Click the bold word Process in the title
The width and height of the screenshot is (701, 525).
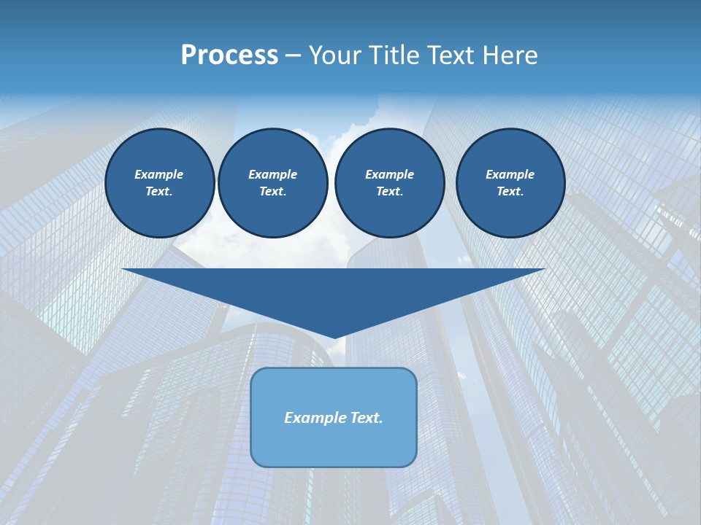click(x=229, y=55)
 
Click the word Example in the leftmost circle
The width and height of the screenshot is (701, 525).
click(x=159, y=174)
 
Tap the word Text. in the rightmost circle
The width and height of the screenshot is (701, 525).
click(x=510, y=192)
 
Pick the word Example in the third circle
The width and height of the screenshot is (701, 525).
click(x=390, y=174)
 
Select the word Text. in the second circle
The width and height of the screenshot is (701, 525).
click(x=273, y=192)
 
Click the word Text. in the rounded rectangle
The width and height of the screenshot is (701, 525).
click(x=367, y=418)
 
